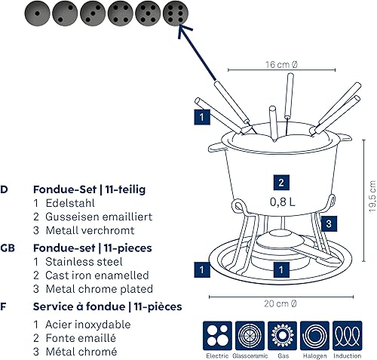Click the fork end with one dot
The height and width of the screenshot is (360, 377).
(x=37, y=14)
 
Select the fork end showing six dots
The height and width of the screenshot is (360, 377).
(x=176, y=14)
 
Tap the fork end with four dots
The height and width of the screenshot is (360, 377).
(x=120, y=14)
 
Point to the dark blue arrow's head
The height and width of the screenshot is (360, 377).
(x=183, y=29)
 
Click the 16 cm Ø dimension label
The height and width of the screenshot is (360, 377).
(x=281, y=65)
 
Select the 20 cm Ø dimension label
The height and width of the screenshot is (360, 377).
(x=280, y=303)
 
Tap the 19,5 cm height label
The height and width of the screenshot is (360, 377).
(x=372, y=196)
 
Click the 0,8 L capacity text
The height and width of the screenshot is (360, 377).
(x=283, y=202)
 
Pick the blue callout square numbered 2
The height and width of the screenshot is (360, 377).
(x=281, y=183)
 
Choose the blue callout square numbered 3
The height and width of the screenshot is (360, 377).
(x=329, y=223)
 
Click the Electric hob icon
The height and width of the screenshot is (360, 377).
(x=217, y=336)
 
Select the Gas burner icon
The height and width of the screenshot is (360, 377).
(x=282, y=336)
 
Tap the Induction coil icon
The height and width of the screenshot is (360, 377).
(x=348, y=336)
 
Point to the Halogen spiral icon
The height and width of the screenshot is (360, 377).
(x=314, y=336)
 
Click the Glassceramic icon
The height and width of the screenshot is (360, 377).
(x=250, y=336)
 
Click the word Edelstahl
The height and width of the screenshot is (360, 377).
(x=70, y=203)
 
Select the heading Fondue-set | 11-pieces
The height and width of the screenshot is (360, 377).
(x=93, y=248)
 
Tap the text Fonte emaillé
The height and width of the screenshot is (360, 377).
(x=81, y=338)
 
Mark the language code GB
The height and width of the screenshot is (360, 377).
(x=8, y=248)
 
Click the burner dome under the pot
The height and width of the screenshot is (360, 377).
(x=280, y=240)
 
